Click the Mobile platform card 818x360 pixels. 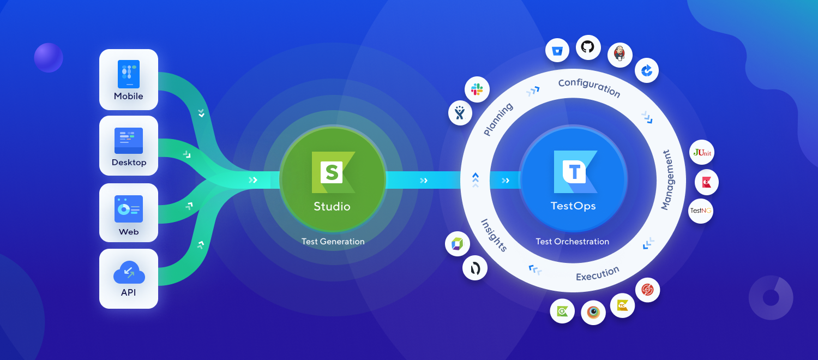click(x=129, y=80)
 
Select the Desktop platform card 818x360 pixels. click(x=129, y=146)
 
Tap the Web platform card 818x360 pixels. click(x=129, y=213)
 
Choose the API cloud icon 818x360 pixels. click(x=129, y=272)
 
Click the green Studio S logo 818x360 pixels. click(x=333, y=172)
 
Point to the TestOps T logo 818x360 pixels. click(x=574, y=172)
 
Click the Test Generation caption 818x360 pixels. click(x=333, y=241)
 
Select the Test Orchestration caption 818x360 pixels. click(x=572, y=241)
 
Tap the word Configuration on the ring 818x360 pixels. click(x=589, y=87)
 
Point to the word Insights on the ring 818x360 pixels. click(x=494, y=235)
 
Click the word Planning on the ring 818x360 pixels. click(x=498, y=120)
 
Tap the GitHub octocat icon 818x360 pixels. click(x=588, y=48)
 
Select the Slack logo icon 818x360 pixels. click(x=477, y=89)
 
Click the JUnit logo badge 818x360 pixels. click(x=702, y=153)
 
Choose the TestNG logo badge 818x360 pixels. click(x=701, y=211)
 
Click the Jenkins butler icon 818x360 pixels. click(x=619, y=55)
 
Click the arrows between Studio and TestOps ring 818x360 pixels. click(x=424, y=181)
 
